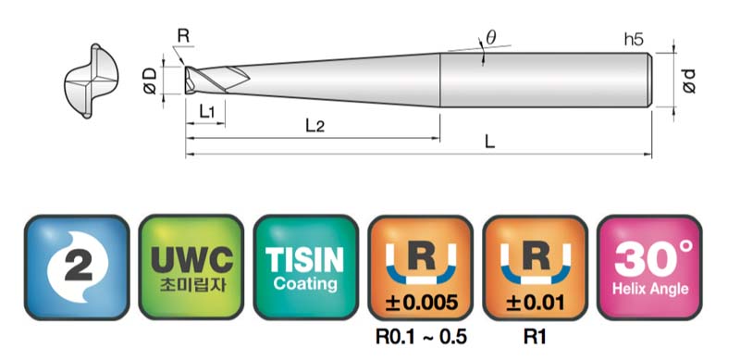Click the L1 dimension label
pyautogui.click(x=206, y=112)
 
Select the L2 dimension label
pyautogui.click(x=315, y=126)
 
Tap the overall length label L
pyautogui.click(x=490, y=142)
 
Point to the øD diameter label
pyautogui.click(x=150, y=81)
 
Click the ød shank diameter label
pyautogui.click(x=689, y=81)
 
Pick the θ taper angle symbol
pyautogui.click(x=491, y=38)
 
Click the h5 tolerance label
pyautogui.click(x=634, y=39)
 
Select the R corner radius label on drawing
pyautogui.click(x=183, y=36)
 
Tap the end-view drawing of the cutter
pyautogui.click(x=91, y=81)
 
